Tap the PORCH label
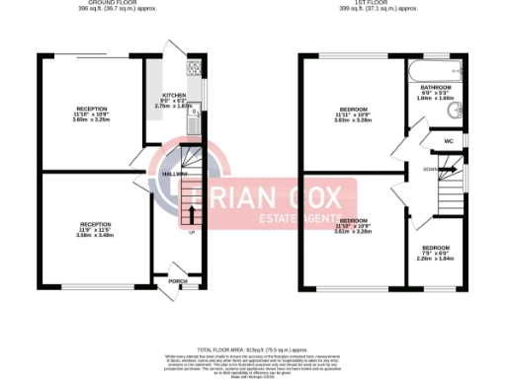178,281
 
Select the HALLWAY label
174,173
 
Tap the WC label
448,141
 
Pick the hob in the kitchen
194,70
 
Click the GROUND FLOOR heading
111,4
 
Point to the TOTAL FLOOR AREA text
253,348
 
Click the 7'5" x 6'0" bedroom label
436,250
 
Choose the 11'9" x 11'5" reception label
95,229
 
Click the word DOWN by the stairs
430,170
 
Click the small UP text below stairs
191,233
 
